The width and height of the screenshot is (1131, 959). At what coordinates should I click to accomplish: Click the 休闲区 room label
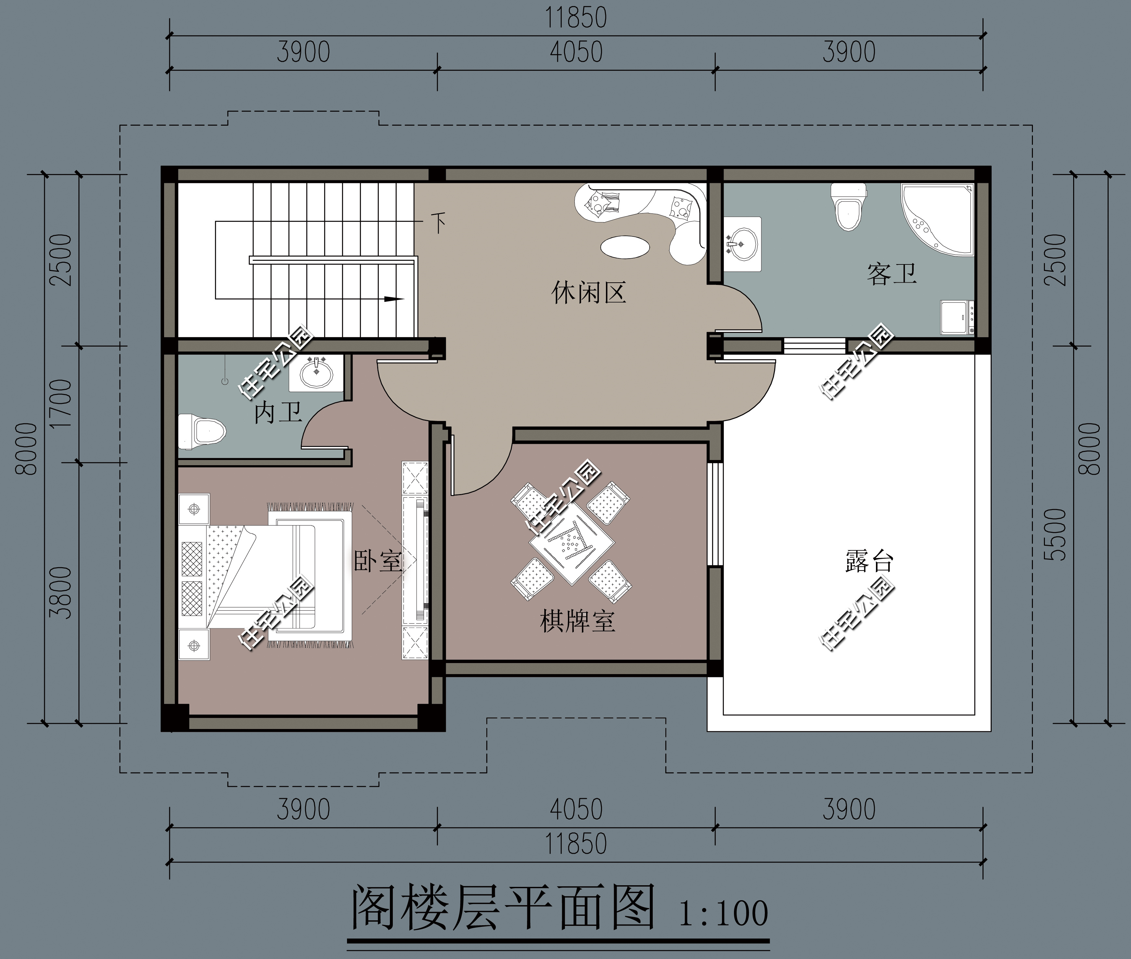588,292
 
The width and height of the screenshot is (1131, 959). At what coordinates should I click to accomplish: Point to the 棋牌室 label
577,621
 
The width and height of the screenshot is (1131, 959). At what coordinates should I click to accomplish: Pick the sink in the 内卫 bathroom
316,373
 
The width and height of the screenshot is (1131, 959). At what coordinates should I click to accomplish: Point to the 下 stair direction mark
438,222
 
